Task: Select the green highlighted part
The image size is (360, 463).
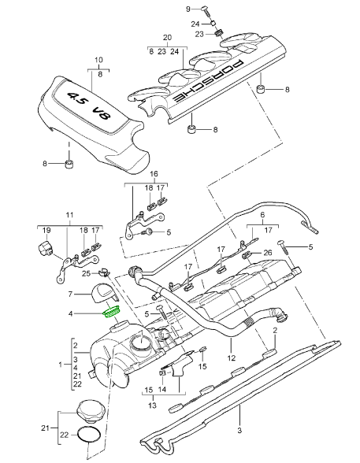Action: pyautogui.click(x=112, y=314)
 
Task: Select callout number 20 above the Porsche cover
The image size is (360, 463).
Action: pyautogui.click(x=166, y=38)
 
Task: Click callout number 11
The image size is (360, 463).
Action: pyautogui.click(x=69, y=215)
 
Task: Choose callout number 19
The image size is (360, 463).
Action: pyautogui.click(x=46, y=231)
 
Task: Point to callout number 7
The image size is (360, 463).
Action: pyautogui.click(x=70, y=294)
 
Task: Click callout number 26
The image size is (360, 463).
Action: pyautogui.click(x=267, y=253)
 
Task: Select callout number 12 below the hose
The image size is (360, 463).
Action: pyautogui.click(x=231, y=358)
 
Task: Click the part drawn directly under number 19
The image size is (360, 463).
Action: pyautogui.click(x=46, y=250)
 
